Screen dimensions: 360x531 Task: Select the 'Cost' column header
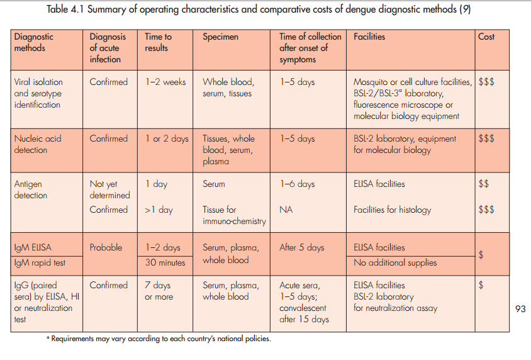[486, 37]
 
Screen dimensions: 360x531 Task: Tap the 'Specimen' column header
[220, 37]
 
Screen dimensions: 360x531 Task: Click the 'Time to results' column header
[159, 42]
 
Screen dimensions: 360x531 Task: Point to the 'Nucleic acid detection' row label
[38, 144]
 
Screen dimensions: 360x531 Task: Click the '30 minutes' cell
[165, 262]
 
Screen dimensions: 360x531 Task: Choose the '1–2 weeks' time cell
[165, 82]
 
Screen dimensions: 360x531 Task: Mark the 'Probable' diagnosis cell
[106, 247]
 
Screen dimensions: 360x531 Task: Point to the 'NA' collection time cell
[286, 210]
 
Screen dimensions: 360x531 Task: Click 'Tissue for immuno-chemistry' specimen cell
[234, 215]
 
